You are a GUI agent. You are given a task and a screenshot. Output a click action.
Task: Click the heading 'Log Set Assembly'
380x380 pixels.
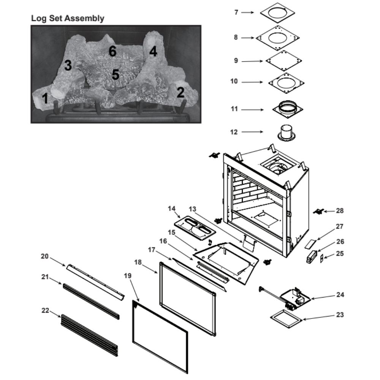coord(68,18)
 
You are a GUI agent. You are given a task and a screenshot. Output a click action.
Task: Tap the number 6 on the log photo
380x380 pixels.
coord(112,51)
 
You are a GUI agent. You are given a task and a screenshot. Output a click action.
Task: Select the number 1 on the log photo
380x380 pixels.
coord(45,99)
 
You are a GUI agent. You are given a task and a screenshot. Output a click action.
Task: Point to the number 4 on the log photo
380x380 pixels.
coord(153,51)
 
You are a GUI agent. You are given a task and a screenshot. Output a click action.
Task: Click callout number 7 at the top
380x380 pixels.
coord(236,13)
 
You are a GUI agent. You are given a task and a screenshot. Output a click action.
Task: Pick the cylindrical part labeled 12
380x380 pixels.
coord(287,132)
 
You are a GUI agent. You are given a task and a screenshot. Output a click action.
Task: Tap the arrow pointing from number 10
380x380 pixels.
coord(252,82)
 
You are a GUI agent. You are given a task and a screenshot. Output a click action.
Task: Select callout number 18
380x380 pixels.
coord(138,263)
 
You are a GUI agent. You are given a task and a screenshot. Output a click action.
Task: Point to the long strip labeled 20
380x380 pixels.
coord(95,282)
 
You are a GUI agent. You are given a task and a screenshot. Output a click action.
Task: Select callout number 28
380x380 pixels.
coord(339,210)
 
